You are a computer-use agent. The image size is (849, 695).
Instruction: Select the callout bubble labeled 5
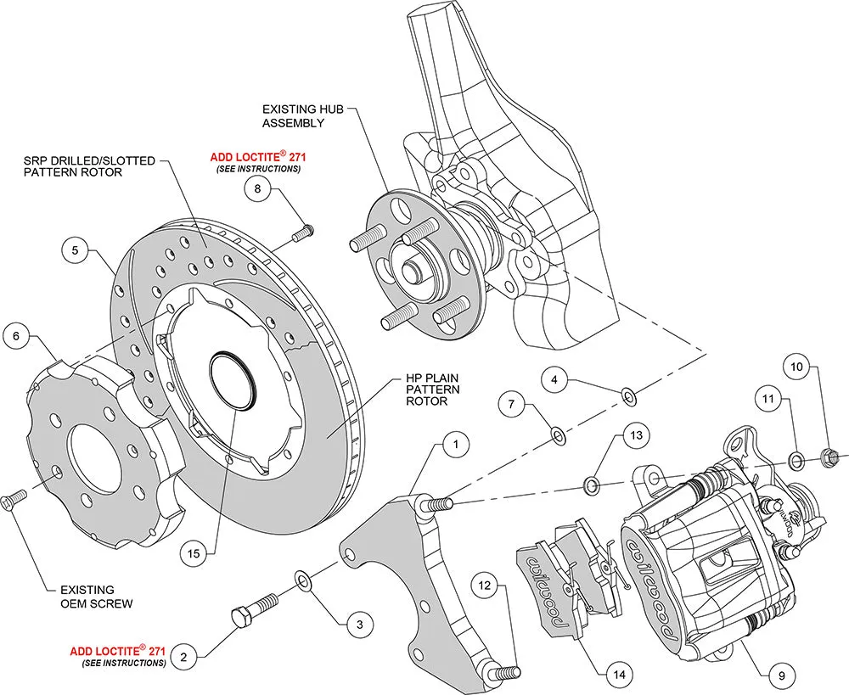click(x=75, y=250)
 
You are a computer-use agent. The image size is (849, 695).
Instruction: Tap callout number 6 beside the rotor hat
click(x=14, y=336)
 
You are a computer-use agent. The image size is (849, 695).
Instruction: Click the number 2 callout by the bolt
click(x=184, y=655)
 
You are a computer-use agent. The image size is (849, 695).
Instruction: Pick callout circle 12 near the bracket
click(x=484, y=586)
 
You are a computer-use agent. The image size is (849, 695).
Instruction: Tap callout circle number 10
click(x=796, y=368)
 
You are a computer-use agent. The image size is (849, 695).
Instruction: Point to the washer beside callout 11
click(x=797, y=461)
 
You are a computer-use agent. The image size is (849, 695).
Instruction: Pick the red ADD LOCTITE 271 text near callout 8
click(x=256, y=158)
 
